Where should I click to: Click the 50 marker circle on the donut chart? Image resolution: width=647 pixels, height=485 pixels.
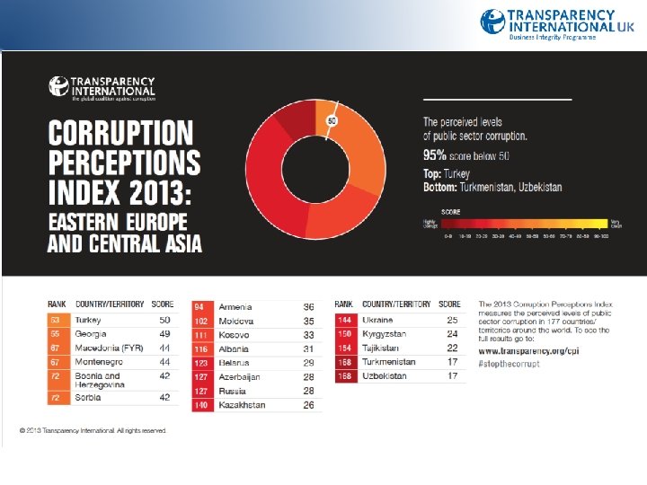pos(332,120)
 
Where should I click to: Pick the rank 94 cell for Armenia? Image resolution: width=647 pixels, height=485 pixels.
pos(200,307)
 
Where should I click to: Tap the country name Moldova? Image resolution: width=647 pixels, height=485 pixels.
pos(236,321)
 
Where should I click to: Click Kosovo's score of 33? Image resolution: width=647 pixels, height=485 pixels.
pos(308,334)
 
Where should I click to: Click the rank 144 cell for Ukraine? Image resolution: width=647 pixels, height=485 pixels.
pos(343,320)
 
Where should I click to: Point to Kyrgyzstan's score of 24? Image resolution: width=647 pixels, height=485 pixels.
pos(453,334)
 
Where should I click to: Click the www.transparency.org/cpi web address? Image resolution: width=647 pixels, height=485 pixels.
pos(527,351)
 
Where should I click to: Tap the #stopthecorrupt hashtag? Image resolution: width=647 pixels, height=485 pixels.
pos(510,364)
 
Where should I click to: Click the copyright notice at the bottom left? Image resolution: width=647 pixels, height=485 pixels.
pos(93,431)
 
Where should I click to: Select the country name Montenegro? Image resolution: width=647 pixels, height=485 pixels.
pos(98,361)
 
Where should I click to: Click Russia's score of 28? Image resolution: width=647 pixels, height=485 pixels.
pos(308,391)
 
